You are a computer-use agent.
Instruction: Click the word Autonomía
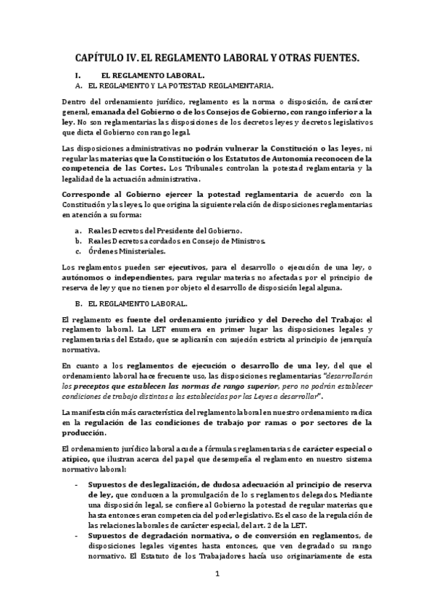click(x=289, y=159)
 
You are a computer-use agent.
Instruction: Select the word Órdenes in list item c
click(x=101, y=251)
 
